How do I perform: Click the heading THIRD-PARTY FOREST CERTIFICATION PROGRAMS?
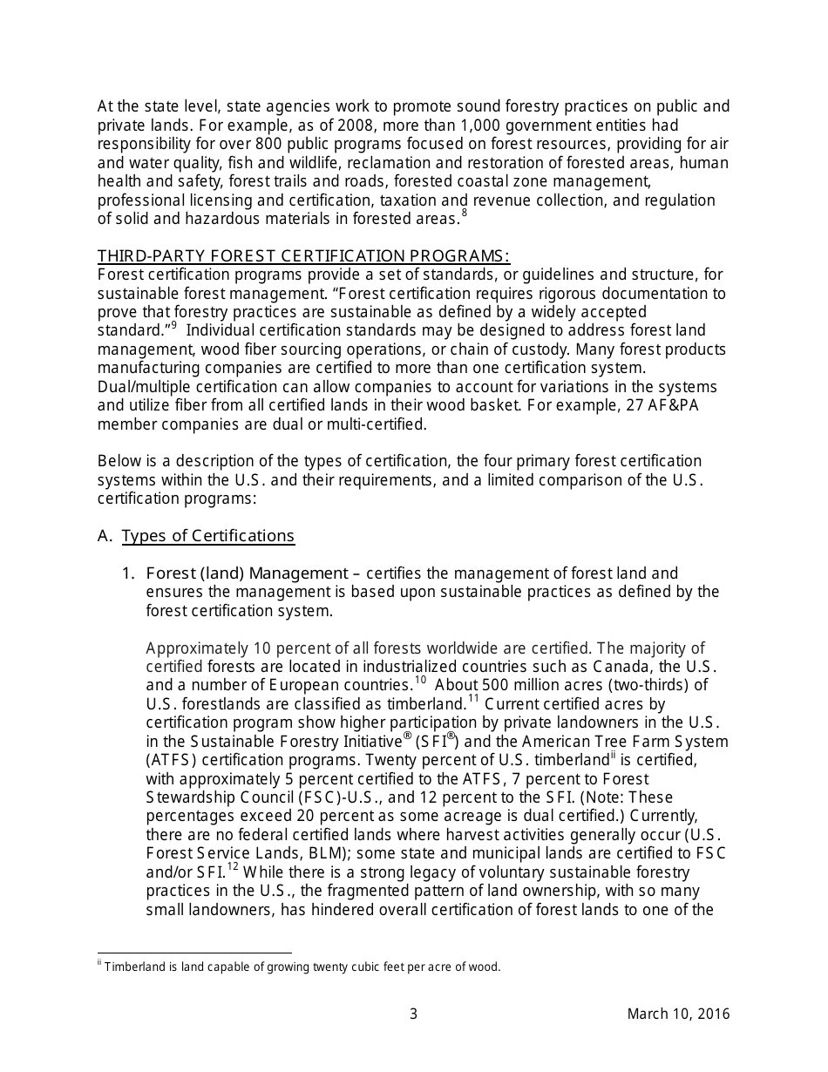pyautogui.click(x=303, y=255)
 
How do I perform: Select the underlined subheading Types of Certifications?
pyautogui.click(x=208, y=536)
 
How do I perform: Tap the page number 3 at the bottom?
pyautogui.click(x=414, y=1014)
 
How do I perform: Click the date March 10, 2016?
pyautogui.click(x=678, y=1014)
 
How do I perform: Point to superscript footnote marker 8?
pyautogui.click(x=465, y=214)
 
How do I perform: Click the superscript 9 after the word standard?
pyautogui.click(x=173, y=326)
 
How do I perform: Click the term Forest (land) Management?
pyautogui.click(x=247, y=573)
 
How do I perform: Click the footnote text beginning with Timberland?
pyautogui.click(x=302, y=967)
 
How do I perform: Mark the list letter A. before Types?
pyautogui.click(x=105, y=536)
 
